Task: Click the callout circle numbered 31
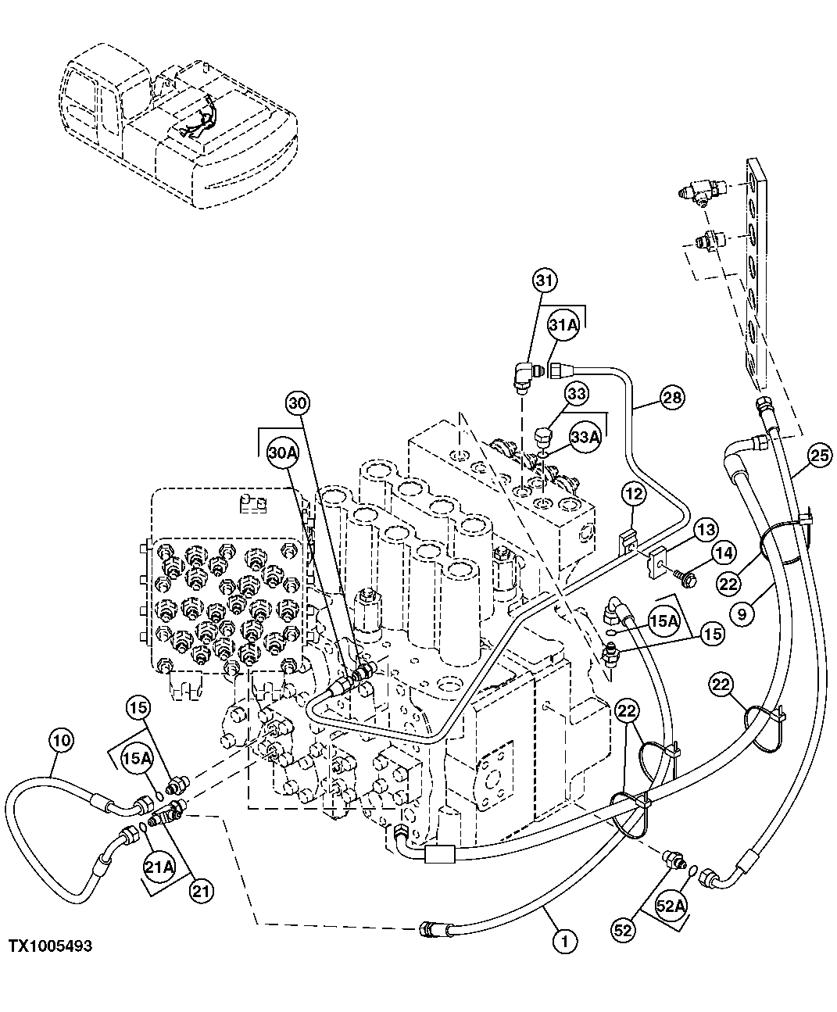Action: [545, 280]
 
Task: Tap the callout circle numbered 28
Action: [671, 398]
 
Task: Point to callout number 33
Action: [577, 395]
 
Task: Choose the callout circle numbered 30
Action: [298, 403]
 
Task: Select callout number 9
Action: [742, 614]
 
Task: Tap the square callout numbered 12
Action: [634, 493]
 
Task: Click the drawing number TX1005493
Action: [51, 946]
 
